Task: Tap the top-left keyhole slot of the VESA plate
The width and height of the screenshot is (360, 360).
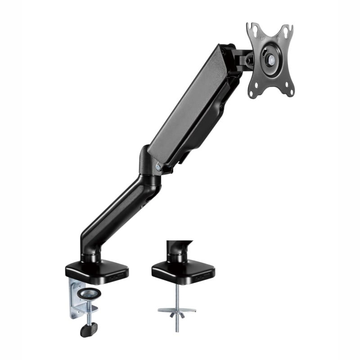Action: coord(253,30)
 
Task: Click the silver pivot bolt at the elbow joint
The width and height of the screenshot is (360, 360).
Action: coord(158,166)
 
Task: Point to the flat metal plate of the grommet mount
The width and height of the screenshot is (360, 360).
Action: coord(177,310)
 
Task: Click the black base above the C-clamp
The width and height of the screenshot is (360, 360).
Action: coord(97,270)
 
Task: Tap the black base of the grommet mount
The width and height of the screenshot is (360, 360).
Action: coord(182,270)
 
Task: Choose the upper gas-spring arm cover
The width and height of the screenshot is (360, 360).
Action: coord(189,103)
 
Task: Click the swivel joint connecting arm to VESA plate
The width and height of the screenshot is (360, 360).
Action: coord(241,58)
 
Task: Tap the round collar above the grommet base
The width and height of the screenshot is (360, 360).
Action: coord(175,257)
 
